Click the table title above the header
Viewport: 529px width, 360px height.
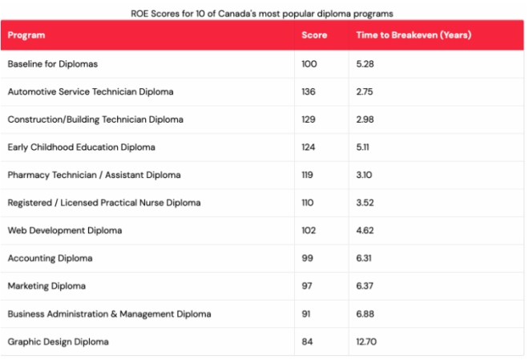pos(262,14)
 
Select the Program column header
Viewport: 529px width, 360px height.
pos(26,35)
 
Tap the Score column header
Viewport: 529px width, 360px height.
pos(314,35)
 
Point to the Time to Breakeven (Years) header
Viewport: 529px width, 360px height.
pos(413,35)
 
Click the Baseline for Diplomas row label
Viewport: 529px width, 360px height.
pos(52,64)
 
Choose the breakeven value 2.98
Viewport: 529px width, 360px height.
pos(365,119)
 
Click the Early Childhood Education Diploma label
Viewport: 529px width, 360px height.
pos(81,148)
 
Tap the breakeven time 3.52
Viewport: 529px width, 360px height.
pos(365,203)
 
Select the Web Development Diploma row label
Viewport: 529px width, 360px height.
pos(65,231)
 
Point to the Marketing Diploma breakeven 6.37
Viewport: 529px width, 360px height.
pos(365,286)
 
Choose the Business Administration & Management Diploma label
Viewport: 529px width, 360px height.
pos(109,314)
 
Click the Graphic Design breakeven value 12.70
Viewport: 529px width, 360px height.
pos(367,342)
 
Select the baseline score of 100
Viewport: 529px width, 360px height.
pos(309,64)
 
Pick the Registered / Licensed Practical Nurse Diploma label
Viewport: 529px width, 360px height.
pos(104,203)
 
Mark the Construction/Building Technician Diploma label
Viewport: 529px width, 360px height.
pos(95,119)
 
